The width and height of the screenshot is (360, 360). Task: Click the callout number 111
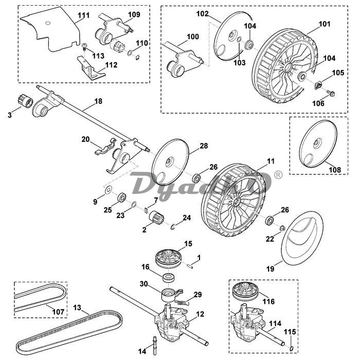coord(83,15)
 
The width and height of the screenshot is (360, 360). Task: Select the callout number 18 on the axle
coord(98,101)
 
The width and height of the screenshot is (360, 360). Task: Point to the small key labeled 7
coord(146,210)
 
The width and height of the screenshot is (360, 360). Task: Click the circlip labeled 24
coord(173,226)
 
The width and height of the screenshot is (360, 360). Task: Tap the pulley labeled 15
coord(168,259)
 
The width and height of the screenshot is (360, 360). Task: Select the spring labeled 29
coord(182,302)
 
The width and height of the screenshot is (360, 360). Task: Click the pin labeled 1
coord(190,266)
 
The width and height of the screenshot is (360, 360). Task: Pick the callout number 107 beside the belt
coord(58,312)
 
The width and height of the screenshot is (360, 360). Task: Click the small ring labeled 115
coord(292,349)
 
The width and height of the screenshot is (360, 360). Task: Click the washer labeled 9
coord(107,189)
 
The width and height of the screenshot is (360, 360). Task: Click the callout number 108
coord(335,170)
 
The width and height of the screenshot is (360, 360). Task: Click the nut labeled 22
coord(282,228)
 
